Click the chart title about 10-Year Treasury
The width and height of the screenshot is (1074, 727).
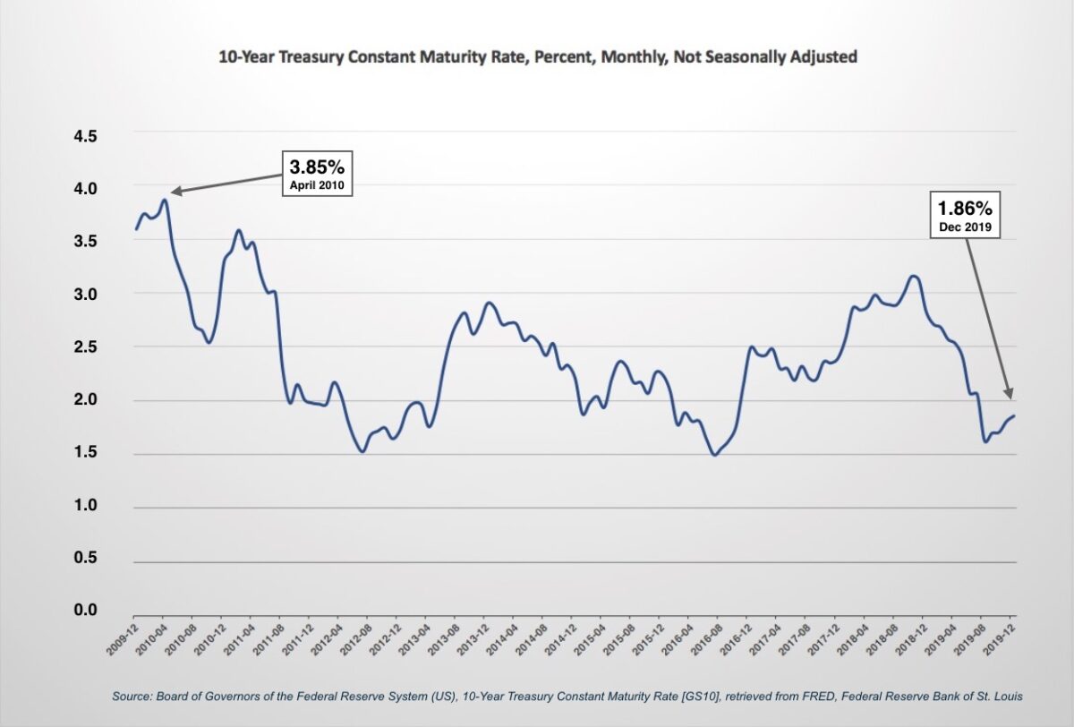point(538,57)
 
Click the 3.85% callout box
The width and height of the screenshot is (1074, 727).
point(317,175)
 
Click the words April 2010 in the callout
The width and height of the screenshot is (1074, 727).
point(317,186)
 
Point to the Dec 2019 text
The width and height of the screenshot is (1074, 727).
point(965,229)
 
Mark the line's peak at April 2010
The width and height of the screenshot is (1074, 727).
point(164,200)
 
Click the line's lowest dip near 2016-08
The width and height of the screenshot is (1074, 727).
point(714,455)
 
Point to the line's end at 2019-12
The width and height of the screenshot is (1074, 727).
point(1015,415)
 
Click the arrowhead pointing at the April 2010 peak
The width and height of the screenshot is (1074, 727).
point(175,192)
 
